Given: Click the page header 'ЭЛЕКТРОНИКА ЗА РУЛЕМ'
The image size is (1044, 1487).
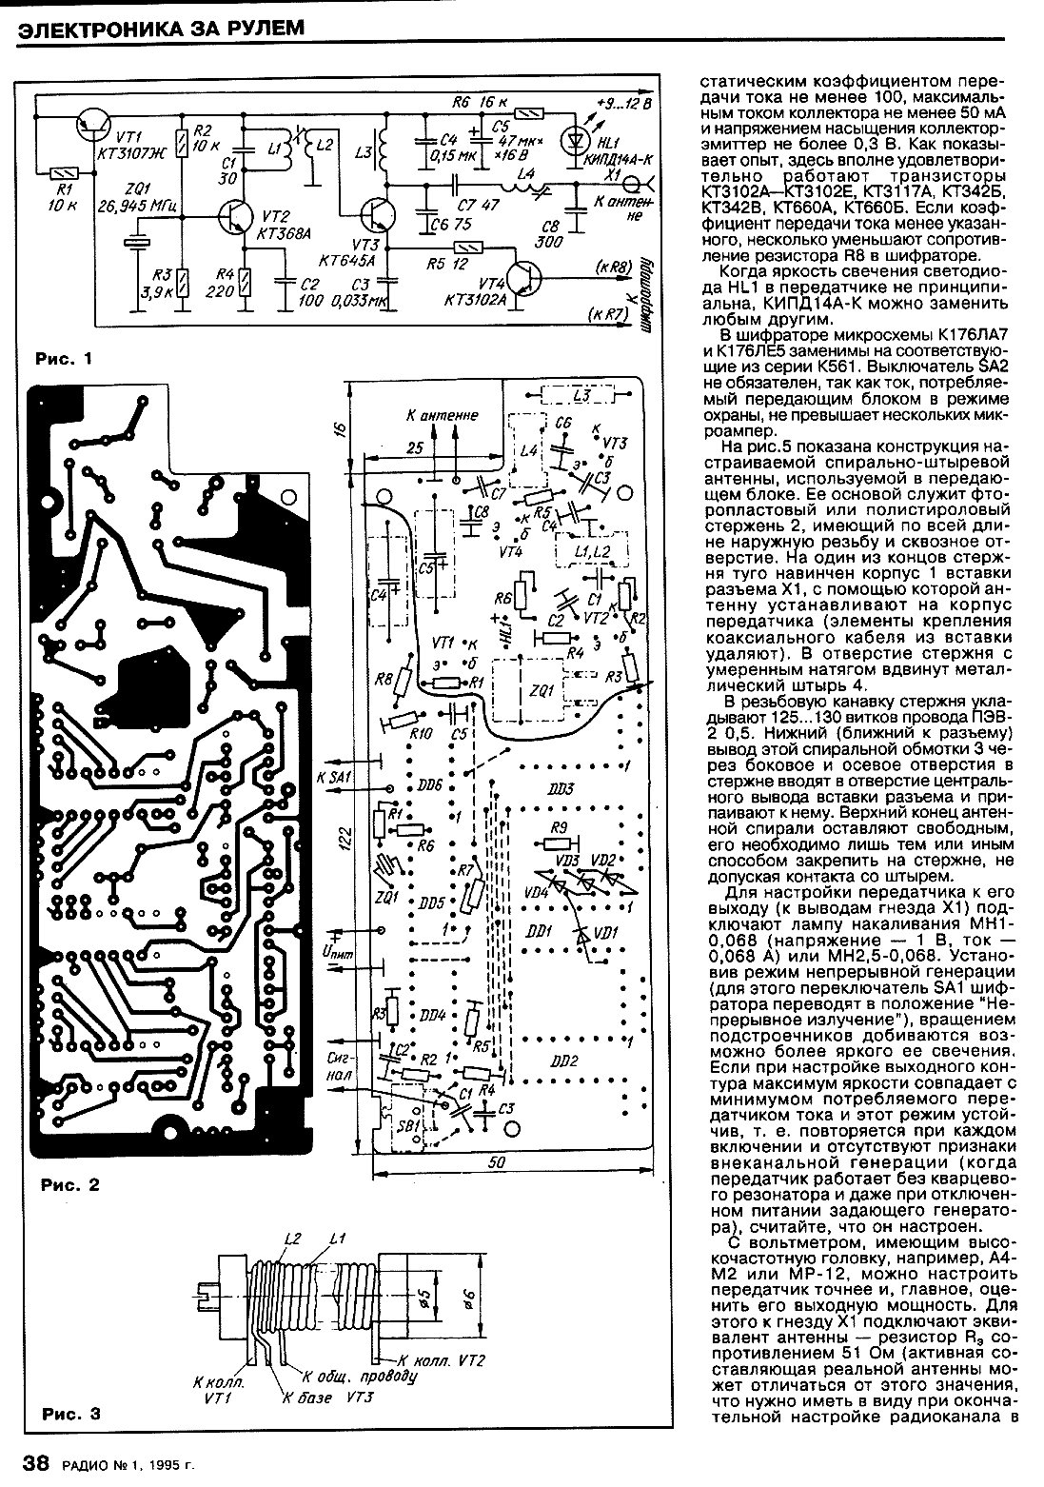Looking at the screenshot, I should (162, 28).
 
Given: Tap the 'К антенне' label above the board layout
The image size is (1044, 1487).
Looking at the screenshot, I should (442, 415).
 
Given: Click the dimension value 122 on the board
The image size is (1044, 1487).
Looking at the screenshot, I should (346, 838).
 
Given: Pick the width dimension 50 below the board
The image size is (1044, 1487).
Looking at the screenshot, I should (497, 1162).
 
